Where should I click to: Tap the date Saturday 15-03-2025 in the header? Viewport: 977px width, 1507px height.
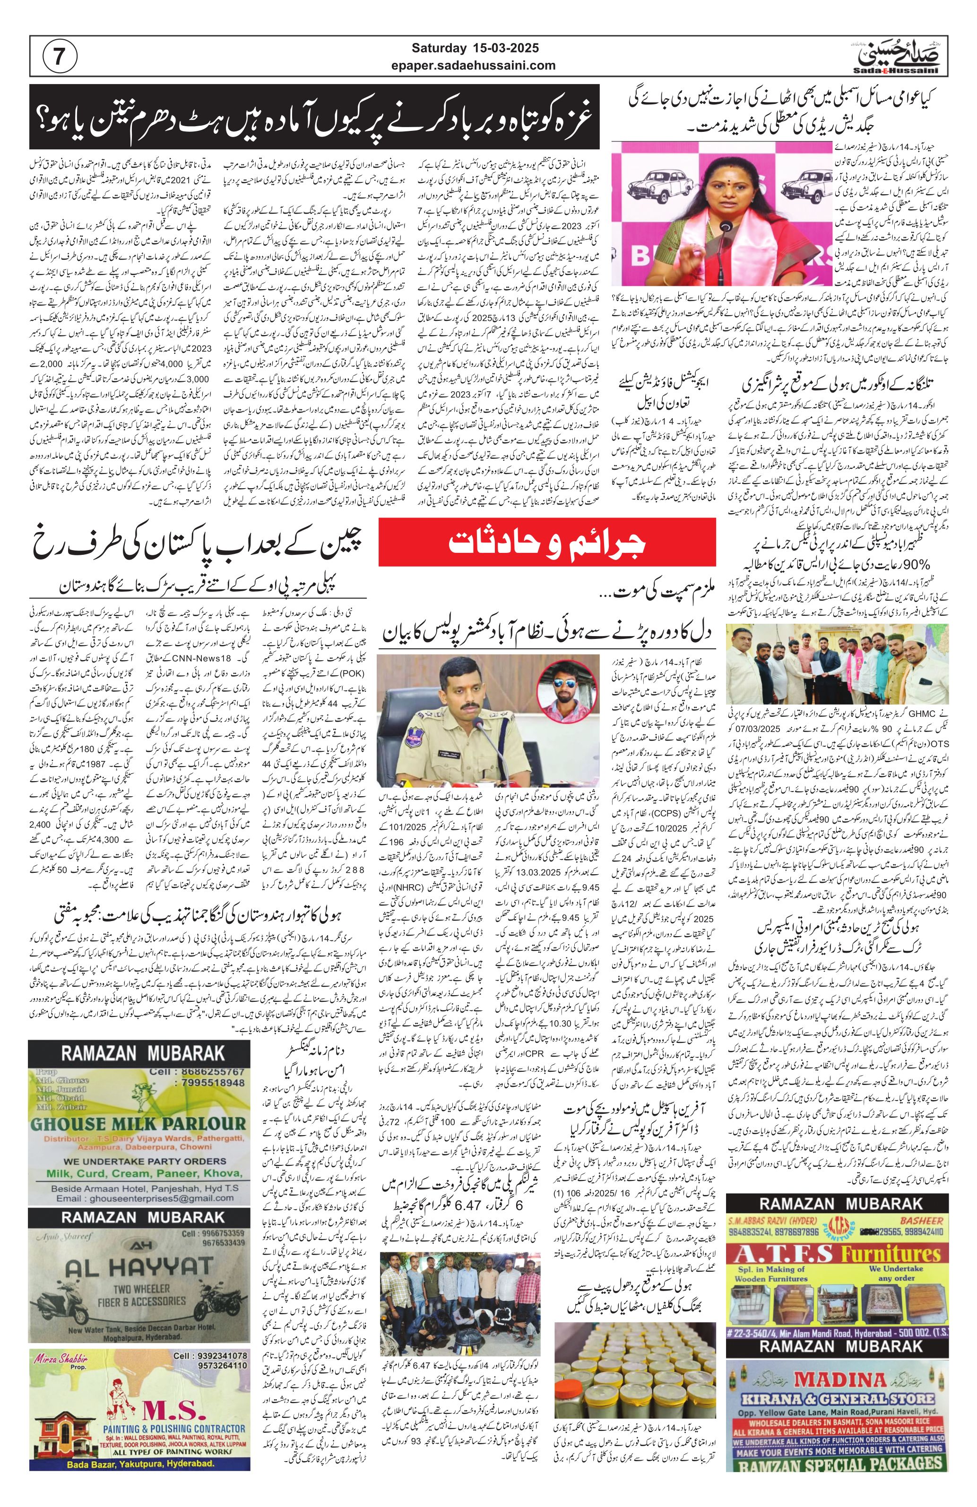click(483, 48)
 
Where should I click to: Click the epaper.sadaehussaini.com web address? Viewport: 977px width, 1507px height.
click(483, 65)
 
